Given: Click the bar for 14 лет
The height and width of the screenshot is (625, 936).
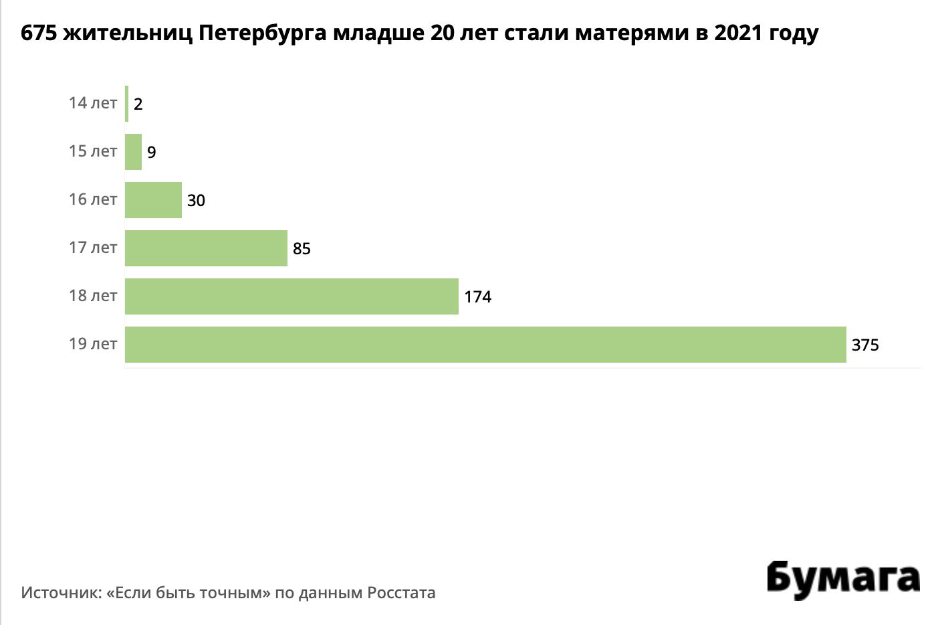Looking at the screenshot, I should [x=126, y=104].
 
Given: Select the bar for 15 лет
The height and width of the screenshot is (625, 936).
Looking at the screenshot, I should [x=134, y=152].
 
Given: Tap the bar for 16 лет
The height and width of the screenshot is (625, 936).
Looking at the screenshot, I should [x=153, y=200].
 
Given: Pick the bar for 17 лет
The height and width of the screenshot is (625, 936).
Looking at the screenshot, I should [x=206, y=248].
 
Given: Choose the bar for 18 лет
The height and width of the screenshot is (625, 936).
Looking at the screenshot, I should [x=291, y=296].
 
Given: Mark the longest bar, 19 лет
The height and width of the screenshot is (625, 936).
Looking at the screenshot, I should [x=485, y=345].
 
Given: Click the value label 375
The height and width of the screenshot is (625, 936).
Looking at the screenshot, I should [x=865, y=345].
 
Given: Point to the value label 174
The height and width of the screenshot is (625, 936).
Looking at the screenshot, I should [x=478, y=297].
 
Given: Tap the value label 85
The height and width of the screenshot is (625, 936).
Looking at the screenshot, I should [x=302, y=249].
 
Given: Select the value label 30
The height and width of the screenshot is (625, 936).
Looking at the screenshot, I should [x=196, y=201].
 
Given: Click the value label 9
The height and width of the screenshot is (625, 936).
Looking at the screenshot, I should [x=152, y=153].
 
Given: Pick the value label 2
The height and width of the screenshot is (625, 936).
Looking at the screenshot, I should [x=138, y=104].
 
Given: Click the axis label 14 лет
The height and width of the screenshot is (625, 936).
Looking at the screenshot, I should [x=93, y=103].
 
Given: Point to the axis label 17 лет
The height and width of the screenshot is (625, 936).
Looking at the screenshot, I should [x=93, y=248].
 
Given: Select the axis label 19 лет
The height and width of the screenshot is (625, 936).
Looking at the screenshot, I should [x=93, y=344].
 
